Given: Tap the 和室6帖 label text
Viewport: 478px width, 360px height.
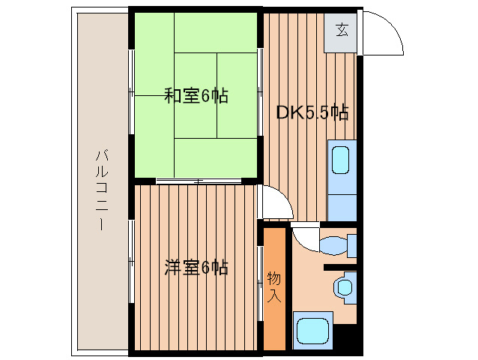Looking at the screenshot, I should point(196,96).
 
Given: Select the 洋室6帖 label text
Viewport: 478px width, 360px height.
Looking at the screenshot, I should point(196,267).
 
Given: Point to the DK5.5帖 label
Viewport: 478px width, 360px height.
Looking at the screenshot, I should point(312,113).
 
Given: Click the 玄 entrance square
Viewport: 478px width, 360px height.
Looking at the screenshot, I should point(341,31).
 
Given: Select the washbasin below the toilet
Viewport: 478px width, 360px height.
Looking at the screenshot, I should point(344,286).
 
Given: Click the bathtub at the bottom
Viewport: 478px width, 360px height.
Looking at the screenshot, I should point(312,331).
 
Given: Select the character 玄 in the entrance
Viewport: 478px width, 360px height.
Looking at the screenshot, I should point(341,31).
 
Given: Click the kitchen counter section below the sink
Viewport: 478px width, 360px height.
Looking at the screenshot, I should point(341,202).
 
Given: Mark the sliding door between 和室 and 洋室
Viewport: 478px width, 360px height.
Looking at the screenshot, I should point(199,181).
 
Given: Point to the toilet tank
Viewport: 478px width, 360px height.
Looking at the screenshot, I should point(351,245).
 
